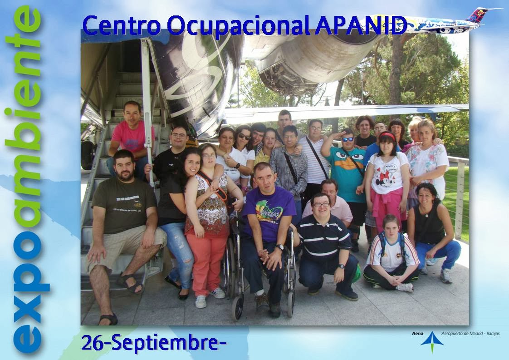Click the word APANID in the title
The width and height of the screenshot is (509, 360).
pyautogui.click(x=361, y=25)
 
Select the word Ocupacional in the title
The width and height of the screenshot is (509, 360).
pyautogui.click(x=238, y=26)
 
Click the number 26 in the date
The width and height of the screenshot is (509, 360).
pyautogui.click(x=92, y=343)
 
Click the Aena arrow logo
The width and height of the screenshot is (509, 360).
pyautogui.click(x=432, y=341)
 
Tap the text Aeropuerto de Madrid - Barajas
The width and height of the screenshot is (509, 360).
pyautogui.click(x=470, y=333)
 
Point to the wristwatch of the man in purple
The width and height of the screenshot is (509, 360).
pyautogui.click(x=279, y=247)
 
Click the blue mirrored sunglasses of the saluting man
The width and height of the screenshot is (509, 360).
pyautogui.click(x=347, y=139)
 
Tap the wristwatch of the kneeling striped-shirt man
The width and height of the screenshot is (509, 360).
pyautogui.click(x=341, y=266)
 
